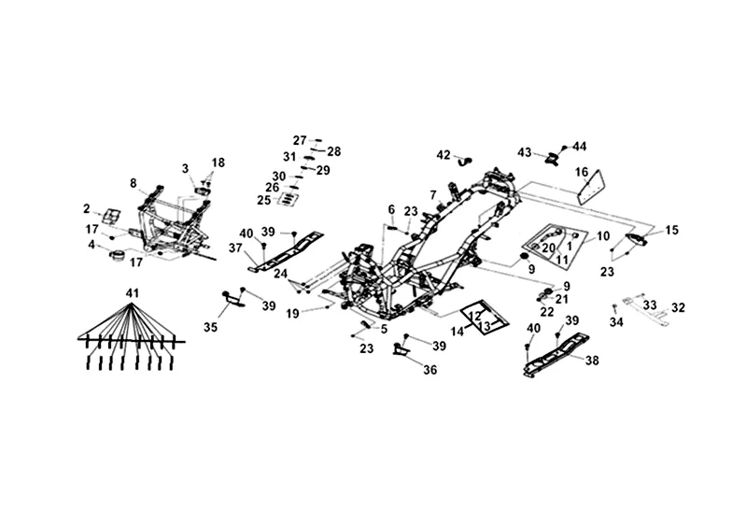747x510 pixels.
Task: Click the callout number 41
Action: (133, 294)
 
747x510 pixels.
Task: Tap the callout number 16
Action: (607, 172)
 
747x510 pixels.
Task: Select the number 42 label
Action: (444, 154)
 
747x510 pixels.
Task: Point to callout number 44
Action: (580, 146)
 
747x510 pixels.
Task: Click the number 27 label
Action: (300, 139)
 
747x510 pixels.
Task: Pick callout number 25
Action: (263, 200)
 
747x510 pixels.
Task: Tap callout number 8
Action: (134, 183)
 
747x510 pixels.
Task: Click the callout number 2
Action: (87, 209)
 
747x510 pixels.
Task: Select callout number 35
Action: (209, 327)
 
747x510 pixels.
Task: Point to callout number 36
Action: (430, 370)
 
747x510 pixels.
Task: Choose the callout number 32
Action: (678, 306)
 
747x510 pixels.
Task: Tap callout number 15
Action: (671, 230)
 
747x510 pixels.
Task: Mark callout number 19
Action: (293, 313)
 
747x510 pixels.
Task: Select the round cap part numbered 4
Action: (119, 254)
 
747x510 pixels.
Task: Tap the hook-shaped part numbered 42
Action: (463, 159)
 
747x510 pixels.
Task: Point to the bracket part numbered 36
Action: (401, 351)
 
